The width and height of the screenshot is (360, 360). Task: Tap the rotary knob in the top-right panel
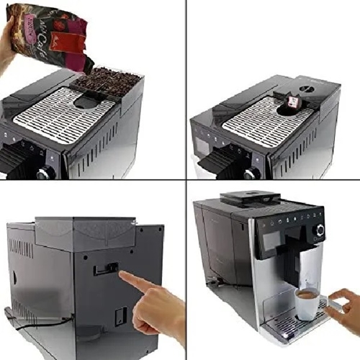pos(251,174)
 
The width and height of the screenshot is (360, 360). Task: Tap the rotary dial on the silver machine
pos(319,230)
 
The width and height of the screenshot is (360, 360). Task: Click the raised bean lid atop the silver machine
pos(249,197)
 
